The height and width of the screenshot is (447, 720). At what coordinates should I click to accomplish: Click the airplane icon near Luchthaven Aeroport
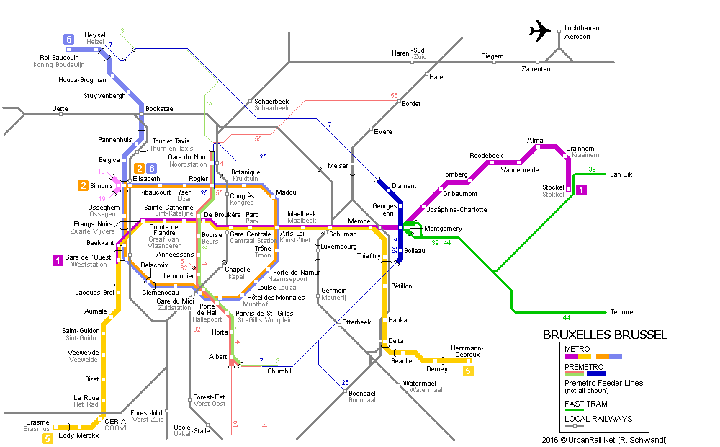tap(539, 31)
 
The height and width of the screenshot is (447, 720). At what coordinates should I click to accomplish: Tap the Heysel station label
tap(94, 35)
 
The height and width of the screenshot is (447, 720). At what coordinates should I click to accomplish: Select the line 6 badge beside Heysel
tap(69, 40)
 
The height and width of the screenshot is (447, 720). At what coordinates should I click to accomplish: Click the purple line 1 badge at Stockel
tap(581, 190)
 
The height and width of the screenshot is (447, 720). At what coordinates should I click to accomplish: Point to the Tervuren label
tap(623, 312)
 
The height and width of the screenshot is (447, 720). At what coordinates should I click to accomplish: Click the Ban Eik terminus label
tap(621, 174)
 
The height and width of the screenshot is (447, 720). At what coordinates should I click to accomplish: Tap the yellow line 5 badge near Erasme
tap(48, 439)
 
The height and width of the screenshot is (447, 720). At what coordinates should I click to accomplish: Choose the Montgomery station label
tap(443, 229)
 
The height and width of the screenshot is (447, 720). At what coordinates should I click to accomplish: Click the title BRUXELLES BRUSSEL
tap(605, 335)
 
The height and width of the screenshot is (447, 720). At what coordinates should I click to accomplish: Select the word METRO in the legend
tap(577, 349)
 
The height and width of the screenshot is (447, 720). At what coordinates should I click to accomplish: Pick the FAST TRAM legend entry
tap(586, 404)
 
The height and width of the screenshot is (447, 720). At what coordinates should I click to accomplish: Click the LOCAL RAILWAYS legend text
tap(598, 419)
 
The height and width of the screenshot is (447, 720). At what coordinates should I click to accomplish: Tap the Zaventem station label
tap(537, 69)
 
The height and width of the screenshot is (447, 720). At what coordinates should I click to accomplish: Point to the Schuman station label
tap(343, 234)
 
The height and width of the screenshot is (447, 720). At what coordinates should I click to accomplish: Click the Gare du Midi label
tap(175, 301)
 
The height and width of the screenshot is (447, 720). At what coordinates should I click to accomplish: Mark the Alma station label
tap(535, 141)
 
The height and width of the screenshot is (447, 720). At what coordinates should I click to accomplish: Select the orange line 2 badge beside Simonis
tap(83, 185)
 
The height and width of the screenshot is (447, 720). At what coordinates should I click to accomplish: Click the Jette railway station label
tap(60, 109)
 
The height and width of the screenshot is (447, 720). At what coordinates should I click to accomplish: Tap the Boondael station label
tap(362, 394)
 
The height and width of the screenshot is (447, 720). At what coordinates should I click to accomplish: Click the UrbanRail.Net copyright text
tap(605, 440)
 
